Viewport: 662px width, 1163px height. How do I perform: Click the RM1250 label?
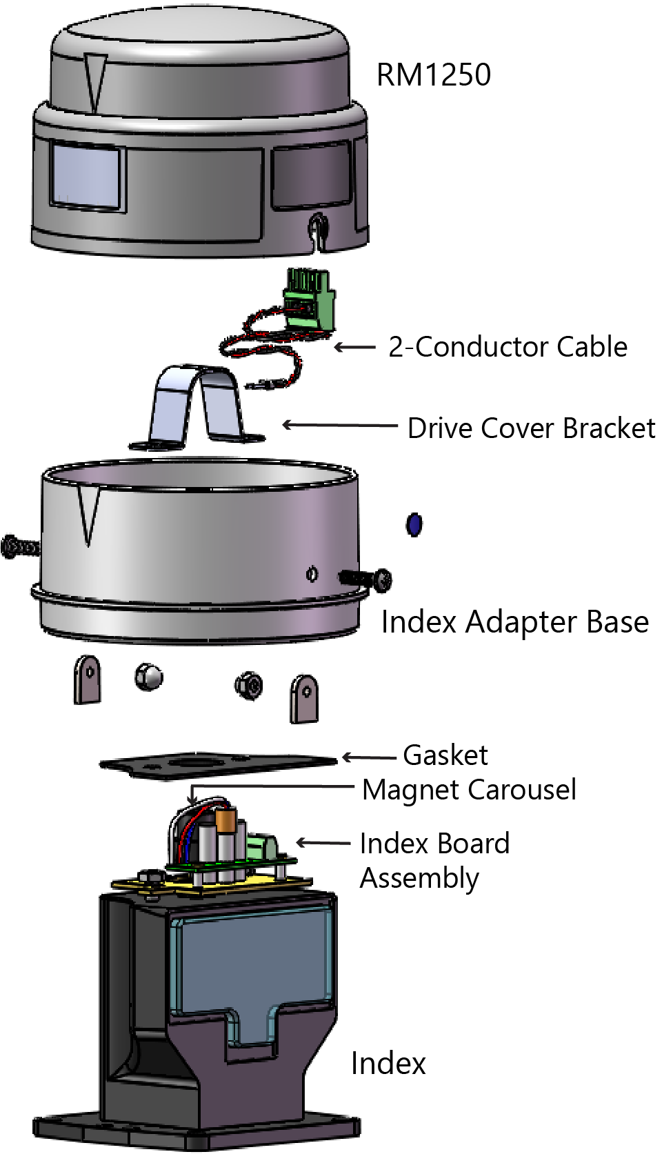coord(433,74)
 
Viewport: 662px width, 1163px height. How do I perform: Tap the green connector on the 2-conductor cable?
coord(308,299)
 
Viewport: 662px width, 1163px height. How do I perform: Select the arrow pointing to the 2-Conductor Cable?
coord(355,347)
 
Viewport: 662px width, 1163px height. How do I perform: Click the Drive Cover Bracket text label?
coord(531,428)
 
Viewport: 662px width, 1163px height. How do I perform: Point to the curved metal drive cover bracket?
coord(198,408)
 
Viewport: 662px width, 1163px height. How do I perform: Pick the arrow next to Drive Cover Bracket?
coord(339,425)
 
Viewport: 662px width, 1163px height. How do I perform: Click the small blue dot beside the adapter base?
coord(414,525)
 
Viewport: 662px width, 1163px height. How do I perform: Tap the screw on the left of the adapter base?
coord(19,546)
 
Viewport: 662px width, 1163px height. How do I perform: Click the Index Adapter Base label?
coord(514,622)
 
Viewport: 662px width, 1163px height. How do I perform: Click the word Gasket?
coord(445,755)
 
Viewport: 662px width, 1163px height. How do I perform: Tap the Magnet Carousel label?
coord(469,790)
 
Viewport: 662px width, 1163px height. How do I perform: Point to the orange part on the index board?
coord(225,820)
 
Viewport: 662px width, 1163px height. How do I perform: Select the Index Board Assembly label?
coord(434,860)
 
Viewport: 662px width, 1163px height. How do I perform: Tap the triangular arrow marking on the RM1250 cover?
coord(94,81)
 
